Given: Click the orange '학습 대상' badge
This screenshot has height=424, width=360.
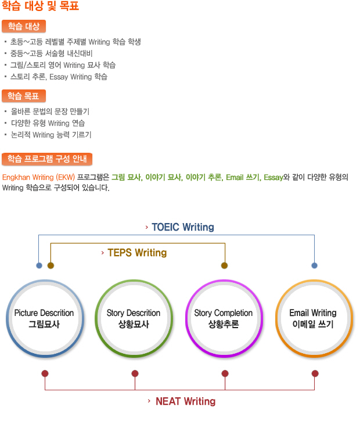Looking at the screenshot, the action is tap(24, 27).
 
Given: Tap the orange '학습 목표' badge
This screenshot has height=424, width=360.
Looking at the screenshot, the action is tap(24, 96).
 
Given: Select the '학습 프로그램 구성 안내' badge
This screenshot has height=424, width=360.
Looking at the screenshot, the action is tap(47, 159).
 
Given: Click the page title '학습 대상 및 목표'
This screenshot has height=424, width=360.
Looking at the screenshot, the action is tap(41, 6).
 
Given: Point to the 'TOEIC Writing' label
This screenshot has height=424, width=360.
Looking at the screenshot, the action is tap(183, 227).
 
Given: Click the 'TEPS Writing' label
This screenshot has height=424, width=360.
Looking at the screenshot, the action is tap(137, 253).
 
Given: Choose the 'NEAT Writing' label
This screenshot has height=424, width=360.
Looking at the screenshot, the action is tap(186, 401).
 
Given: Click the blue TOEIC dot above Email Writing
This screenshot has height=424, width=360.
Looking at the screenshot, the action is tap(314, 265).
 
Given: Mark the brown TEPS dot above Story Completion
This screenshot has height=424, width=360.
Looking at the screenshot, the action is tap(224, 265).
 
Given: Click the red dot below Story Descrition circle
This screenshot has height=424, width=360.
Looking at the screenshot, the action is tap(135, 373).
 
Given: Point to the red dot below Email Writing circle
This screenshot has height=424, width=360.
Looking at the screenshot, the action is tap(315, 373).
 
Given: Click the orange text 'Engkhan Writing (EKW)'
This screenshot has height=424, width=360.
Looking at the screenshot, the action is tap(38, 177).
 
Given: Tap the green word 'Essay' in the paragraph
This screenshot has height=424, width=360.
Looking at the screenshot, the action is tap(273, 177).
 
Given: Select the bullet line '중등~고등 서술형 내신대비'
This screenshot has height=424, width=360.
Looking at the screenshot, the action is tap(51, 53).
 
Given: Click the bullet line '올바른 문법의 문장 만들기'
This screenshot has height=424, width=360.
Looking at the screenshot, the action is tap(50, 112).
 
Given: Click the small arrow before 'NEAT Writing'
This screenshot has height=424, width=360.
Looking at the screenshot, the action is tap(149, 401).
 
